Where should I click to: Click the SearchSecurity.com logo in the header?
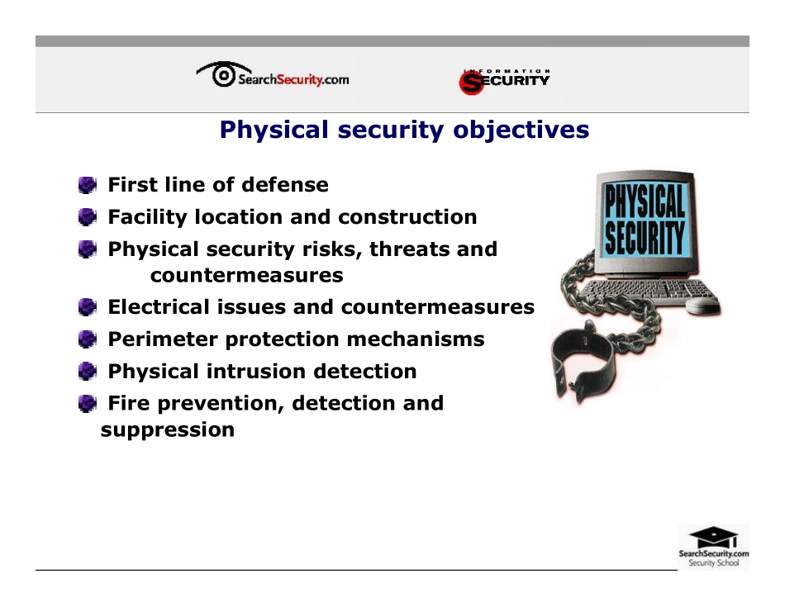click(273, 78)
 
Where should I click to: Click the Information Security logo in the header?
click(504, 81)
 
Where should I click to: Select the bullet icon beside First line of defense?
click(87, 185)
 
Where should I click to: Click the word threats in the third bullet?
click(405, 249)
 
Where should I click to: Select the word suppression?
click(167, 429)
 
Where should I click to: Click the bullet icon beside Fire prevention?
click(87, 404)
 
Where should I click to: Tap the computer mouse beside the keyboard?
click(703, 306)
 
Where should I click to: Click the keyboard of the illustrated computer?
click(653, 292)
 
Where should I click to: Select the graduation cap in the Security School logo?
click(713, 536)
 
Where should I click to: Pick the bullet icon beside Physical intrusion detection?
click(87, 372)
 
